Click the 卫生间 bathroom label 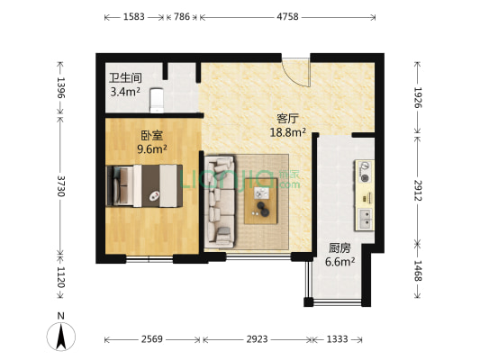click(x=125, y=78)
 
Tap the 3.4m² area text click(x=125, y=92)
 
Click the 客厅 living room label click(x=288, y=118)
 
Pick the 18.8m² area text click(x=288, y=132)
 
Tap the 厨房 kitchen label click(x=340, y=248)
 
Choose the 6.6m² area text click(x=340, y=263)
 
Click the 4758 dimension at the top click(x=287, y=17)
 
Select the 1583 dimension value click(x=134, y=17)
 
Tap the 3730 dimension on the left click(x=61, y=186)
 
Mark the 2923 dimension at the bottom click(x=257, y=339)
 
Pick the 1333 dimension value click(x=337, y=339)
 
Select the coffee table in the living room click(x=262, y=199)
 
